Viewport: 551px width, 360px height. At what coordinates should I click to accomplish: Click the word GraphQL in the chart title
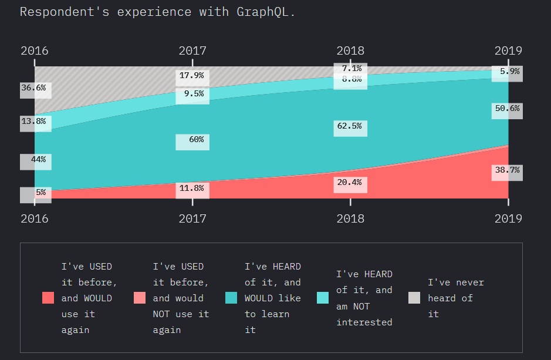(263, 12)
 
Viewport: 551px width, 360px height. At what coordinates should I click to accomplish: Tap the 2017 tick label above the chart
(192, 51)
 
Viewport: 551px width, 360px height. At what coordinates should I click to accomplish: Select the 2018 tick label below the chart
(350, 218)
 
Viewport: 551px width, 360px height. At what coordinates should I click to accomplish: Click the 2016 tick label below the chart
(35, 218)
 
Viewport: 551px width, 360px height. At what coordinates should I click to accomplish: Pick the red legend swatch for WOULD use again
(48, 298)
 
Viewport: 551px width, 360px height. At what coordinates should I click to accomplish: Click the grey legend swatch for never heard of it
(414, 298)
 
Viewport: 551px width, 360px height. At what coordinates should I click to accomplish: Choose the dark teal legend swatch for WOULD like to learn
(231, 298)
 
